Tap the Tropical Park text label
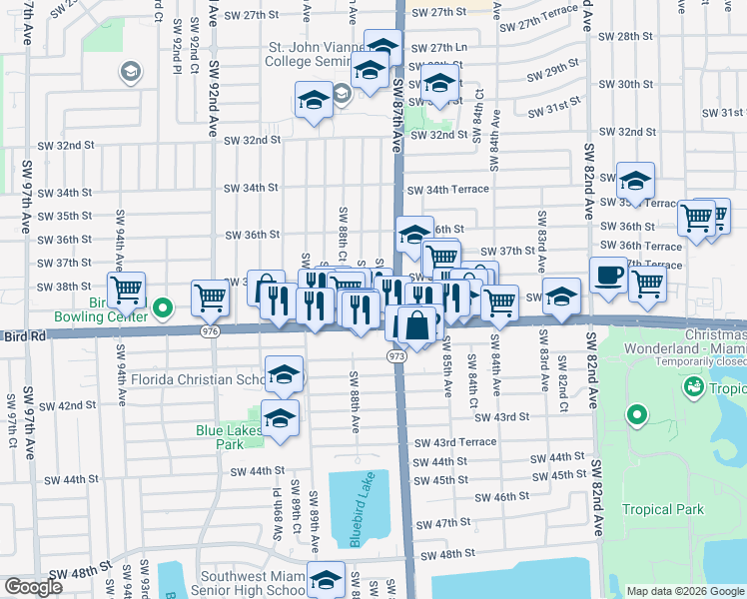(663, 509)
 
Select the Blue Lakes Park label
(229, 437)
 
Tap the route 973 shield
(396, 355)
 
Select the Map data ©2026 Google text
(684, 591)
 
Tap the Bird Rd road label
(25, 337)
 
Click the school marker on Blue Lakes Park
(280, 418)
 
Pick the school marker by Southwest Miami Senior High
(326, 580)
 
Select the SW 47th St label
(443, 523)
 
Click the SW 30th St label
(635, 84)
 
